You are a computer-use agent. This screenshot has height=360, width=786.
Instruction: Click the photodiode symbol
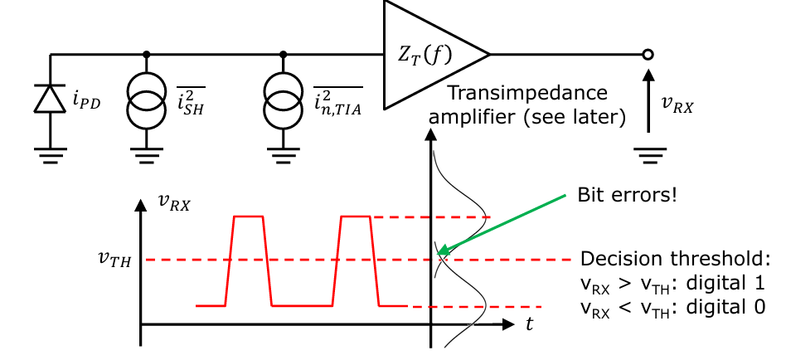tap(50, 98)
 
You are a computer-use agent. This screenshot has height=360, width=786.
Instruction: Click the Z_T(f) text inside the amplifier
tap(425, 55)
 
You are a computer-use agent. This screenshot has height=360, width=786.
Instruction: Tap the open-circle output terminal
tap(648, 54)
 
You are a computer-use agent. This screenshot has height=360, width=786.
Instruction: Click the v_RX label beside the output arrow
tap(677, 106)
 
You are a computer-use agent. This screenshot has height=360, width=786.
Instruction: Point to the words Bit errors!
tap(627, 195)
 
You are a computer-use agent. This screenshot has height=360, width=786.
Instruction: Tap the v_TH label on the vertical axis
tap(114, 259)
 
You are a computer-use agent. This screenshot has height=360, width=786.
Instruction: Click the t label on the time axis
tap(530, 324)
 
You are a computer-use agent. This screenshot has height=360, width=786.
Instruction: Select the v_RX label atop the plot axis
tap(174, 202)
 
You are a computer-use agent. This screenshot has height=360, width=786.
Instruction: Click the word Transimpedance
tap(526, 93)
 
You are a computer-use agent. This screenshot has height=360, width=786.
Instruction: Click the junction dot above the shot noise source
tap(146, 54)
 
